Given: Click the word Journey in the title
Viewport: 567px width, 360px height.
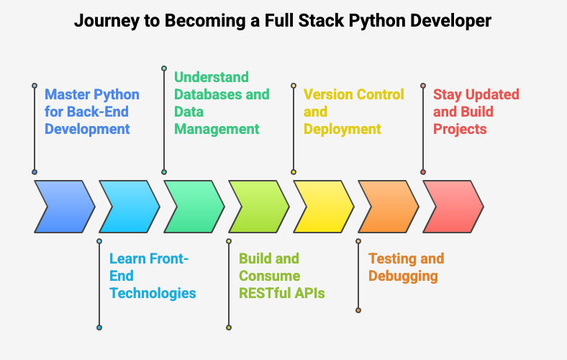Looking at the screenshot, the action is click(x=106, y=21).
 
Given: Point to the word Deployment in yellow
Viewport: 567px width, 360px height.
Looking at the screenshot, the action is click(x=343, y=130).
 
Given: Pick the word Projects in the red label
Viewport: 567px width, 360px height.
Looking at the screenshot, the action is click(x=460, y=130).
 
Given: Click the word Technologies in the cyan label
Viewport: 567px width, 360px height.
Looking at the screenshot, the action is click(x=153, y=294).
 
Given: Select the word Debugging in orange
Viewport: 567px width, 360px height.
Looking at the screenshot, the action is click(x=403, y=276).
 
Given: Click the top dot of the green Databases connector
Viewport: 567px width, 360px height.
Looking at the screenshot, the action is click(x=164, y=68).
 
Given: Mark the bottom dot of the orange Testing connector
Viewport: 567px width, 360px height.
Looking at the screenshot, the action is click(x=358, y=310).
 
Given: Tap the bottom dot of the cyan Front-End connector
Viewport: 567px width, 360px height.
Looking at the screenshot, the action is click(x=99, y=328).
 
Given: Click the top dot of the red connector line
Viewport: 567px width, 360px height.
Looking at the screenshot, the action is click(x=423, y=86).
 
